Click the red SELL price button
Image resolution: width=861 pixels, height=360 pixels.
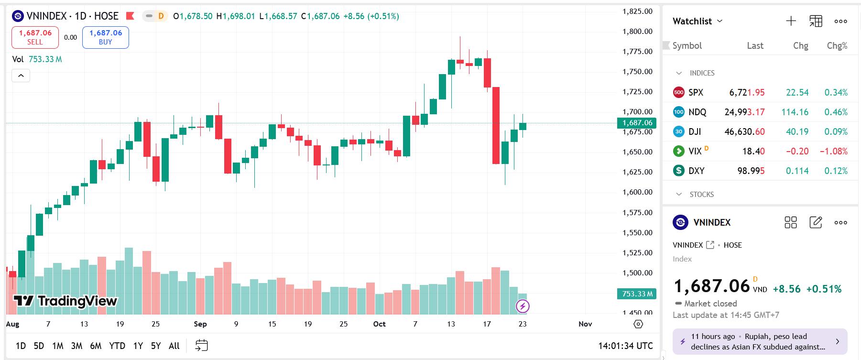[x=35, y=37]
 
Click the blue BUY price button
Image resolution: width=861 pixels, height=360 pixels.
[x=105, y=37]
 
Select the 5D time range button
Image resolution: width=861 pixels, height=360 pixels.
[x=39, y=346]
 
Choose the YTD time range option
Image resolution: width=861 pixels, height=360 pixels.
[x=117, y=346]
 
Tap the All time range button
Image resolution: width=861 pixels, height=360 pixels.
[x=174, y=346]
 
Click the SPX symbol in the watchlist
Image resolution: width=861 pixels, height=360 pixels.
[x=696, y=92]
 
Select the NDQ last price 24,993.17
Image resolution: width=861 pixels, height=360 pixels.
[x=744, y=112]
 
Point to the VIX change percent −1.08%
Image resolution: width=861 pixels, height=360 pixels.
[x=833, y=151]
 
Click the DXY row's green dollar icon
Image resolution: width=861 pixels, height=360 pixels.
[x=678, y=171]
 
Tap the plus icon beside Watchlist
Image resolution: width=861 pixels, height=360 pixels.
[x=791, y=21]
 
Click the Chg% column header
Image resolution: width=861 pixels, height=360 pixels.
[x=837, y=46]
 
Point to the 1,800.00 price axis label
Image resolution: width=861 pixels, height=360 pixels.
[x=637, y=32]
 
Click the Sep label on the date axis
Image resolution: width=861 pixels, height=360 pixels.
[x=200, y=324]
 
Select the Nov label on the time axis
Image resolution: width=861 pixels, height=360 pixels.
[x=585, y=324]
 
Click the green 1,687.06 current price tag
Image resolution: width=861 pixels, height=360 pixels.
[x=637, y=123]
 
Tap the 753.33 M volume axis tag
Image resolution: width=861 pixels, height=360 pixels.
[x=637, y=294]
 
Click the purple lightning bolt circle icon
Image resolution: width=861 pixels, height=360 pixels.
[x=523, y=306]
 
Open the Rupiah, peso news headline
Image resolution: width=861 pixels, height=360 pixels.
[x=760, y=341]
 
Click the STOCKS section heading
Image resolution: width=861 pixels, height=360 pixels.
[x=701, y=195]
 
